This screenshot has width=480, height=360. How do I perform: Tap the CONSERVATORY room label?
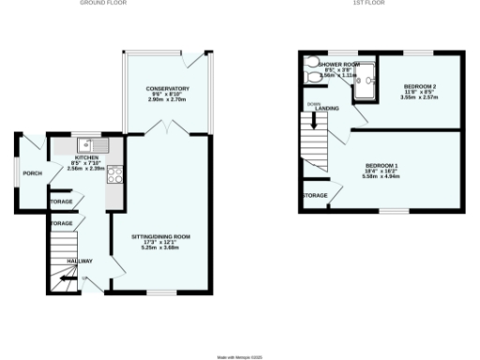coord(168,88)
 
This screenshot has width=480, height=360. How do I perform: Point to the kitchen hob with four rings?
coord(115,173)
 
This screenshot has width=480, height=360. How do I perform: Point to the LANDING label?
coord(327,109)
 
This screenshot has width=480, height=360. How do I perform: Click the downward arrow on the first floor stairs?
coord(314,122)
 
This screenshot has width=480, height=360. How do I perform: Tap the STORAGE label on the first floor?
coord(314,196)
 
